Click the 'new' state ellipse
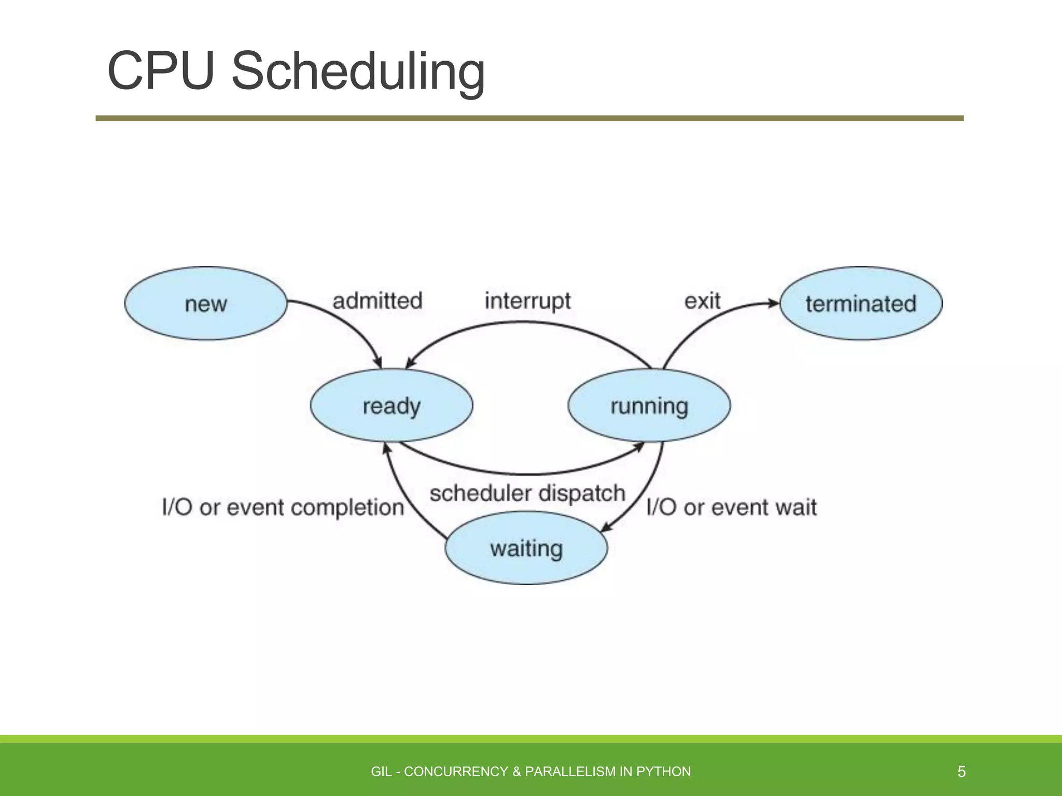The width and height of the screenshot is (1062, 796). coord(206,303)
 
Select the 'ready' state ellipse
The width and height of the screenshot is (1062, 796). coord(392,405)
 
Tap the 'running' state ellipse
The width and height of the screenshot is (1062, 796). coord(649,405)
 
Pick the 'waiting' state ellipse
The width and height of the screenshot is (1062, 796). coord(526,548)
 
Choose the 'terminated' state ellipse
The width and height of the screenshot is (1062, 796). coord(861,303)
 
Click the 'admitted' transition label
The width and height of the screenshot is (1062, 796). coord(377,301)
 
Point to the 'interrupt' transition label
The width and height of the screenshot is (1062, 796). coord(527,301)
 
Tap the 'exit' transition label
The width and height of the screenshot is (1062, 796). coord(702,301)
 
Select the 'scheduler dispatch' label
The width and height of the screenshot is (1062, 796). coord(527,493)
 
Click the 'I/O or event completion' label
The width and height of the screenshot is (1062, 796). coord(283,507)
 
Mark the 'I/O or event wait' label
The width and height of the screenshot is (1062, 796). coord(732,507)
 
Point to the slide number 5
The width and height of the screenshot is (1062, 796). coord(961,772)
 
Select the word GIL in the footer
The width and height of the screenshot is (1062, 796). coord(381,772)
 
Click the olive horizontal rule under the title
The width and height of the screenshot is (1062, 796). coord(529,119)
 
